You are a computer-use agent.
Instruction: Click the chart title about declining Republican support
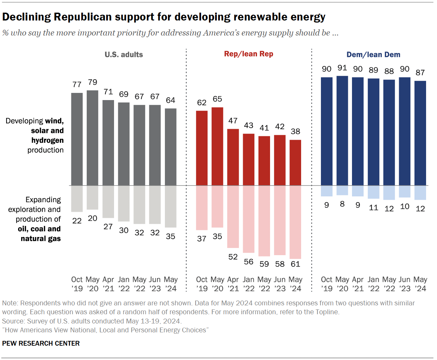pos(164,17)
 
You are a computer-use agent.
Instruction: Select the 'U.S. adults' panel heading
pos(124,55)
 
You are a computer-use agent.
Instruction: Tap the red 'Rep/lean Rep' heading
pos(249,54)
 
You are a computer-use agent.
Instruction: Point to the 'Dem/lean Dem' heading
pos(373,55)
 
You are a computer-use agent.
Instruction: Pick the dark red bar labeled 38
pos(295,163)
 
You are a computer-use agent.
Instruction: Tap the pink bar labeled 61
pos(295,222)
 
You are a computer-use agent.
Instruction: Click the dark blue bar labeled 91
pos(342,130)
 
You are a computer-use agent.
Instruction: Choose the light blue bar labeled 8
pos(342,190)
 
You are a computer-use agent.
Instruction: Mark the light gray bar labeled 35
pos(170,206)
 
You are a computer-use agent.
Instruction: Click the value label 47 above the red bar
pos(233,121)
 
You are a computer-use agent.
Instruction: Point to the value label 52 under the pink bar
pos(233,257)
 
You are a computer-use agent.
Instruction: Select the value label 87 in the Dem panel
pos(420,73)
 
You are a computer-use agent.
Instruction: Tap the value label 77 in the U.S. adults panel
pos(77,85)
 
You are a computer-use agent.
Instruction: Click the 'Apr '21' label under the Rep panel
pos(233,284)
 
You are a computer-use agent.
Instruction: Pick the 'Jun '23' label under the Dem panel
pos(405,284)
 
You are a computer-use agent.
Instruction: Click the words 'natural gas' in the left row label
pos(41,238)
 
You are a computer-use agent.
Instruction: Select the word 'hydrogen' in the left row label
pos(47,140)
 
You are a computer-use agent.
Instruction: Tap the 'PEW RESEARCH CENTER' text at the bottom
pos(41,343)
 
